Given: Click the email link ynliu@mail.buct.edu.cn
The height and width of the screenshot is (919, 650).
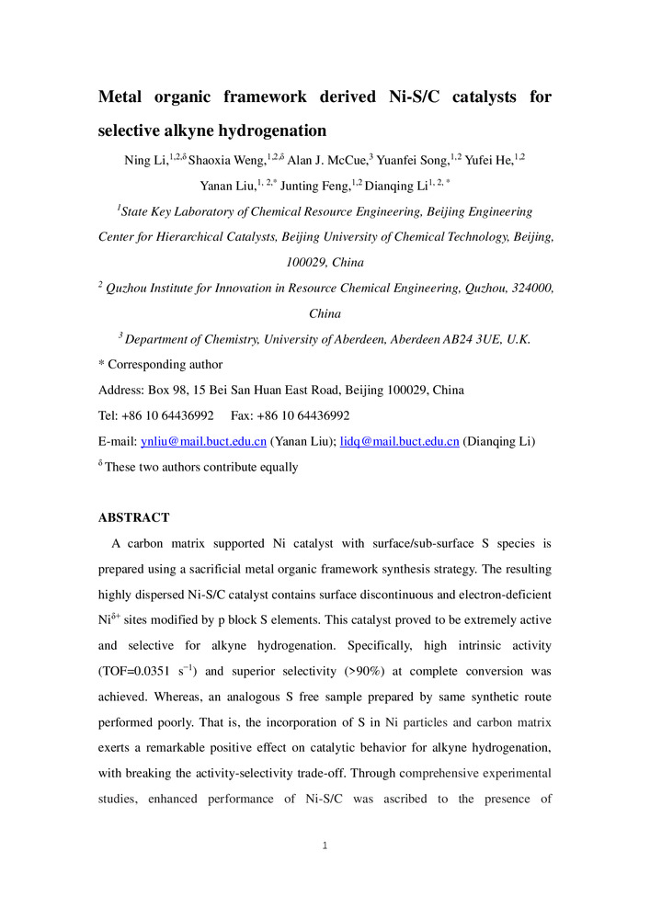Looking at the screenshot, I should pos(203,441).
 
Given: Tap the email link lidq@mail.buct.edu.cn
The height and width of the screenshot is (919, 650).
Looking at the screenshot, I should pos(400,441).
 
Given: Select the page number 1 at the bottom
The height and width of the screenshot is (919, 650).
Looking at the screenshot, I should pos(325,845).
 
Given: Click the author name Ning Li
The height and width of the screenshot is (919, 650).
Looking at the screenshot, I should pos(144,161).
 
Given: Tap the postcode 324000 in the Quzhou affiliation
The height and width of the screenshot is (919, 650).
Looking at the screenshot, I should pos(527,289).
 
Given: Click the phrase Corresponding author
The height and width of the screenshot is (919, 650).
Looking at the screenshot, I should pos(165,365).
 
